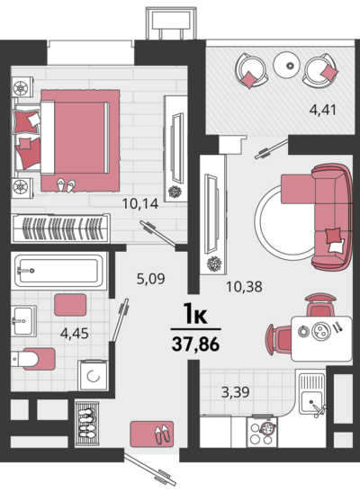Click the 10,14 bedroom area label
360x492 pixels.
click(140, 204)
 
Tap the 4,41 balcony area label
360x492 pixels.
click(323, 110)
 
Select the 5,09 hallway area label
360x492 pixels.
click(150, 278)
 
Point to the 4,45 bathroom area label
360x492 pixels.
click(75, 333)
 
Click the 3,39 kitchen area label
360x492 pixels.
click(236, 392)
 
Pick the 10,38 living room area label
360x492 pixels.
click(244, 287)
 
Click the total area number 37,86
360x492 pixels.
click(195, 344)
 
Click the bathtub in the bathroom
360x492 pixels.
click(58, 271)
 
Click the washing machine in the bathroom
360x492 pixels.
click(94, 376)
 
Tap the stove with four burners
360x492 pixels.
click(262, 432)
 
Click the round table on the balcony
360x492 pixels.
click(289, 65)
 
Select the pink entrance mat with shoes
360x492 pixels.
click(152, 434)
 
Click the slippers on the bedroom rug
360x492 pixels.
click(66, 185)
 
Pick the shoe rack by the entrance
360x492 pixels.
click(87, 423)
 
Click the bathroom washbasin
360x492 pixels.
click(23, 321)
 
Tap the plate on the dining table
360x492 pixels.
click(320, 331)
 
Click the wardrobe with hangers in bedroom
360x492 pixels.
click(60, 228)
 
